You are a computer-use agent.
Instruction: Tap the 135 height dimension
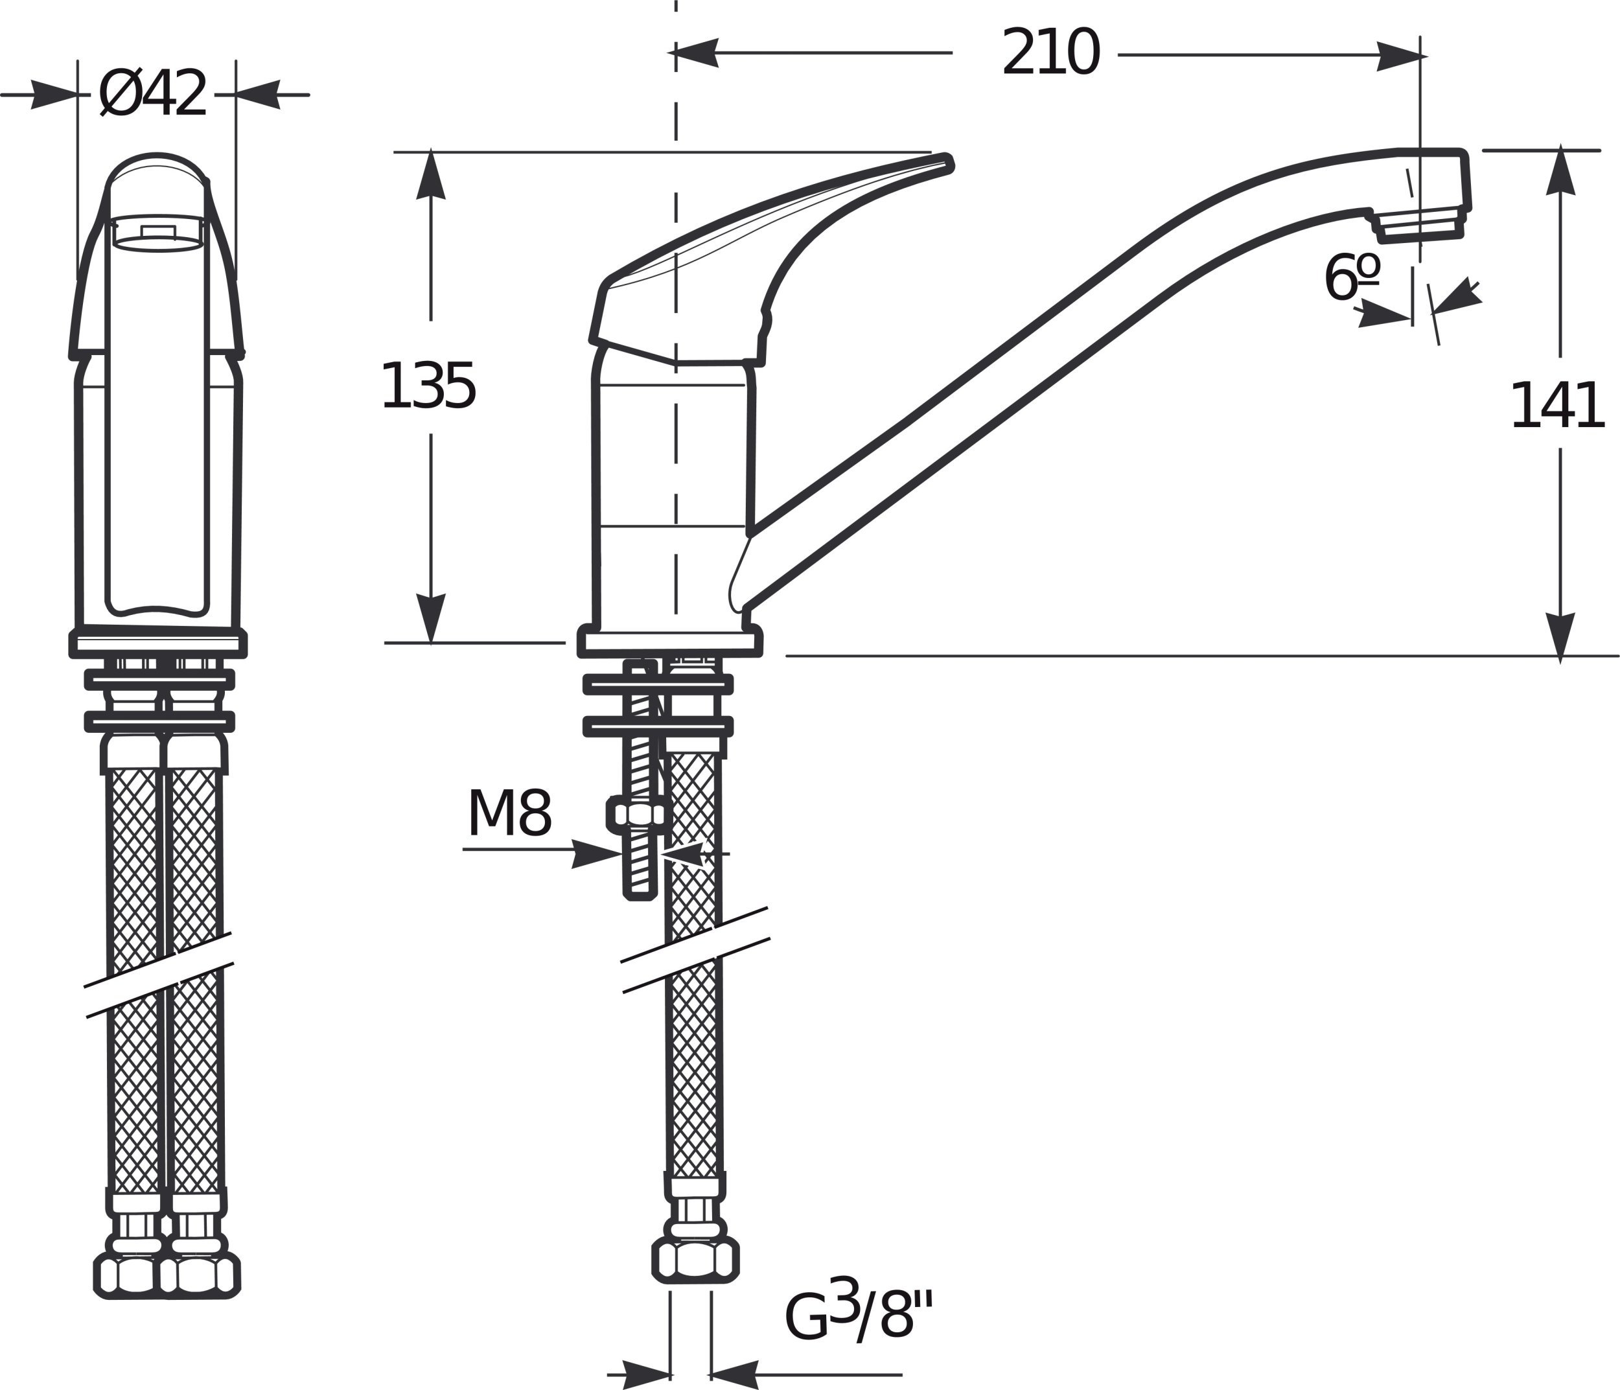click(428, 386)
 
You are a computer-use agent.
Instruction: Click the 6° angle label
click(1351, 277)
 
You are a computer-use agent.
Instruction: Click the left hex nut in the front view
click(128, 1275)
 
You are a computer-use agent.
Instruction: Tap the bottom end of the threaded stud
click(640, 896)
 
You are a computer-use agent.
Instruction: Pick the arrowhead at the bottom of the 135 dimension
click(431, 618)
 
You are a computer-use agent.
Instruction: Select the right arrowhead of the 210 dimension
click(1400, 56)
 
